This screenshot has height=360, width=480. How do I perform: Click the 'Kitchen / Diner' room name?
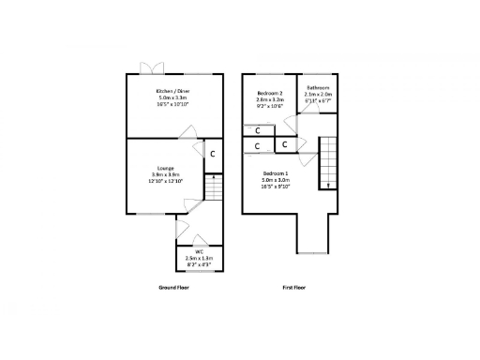(172, 90)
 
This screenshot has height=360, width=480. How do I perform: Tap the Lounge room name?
(165, 168)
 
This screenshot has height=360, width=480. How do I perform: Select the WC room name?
(200, 252)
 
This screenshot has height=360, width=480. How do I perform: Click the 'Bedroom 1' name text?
(276, 173)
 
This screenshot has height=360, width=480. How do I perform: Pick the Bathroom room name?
(318, 88)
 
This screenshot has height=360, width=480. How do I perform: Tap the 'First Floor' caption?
(295, 287)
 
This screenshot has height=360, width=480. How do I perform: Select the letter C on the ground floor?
(212, 154)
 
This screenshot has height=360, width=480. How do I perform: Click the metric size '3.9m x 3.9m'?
(165, 174)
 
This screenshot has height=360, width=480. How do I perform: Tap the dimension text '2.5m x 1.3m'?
(200, 259)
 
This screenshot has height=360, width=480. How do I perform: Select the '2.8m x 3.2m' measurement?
(270, 101)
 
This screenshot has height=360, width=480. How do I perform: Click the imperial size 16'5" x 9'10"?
(276, 187)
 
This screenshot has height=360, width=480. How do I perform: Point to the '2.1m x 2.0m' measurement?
(318, 95)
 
